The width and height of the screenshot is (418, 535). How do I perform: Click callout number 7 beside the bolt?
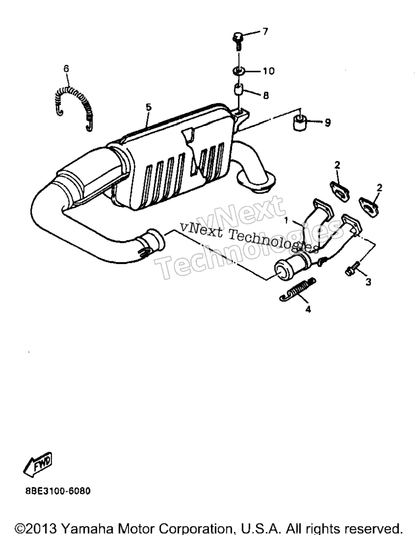(265, 32)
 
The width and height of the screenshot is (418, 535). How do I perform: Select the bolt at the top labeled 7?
(238, 40)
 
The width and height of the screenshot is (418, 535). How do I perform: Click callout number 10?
(268, 71)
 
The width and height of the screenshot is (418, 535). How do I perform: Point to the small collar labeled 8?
(238, 90)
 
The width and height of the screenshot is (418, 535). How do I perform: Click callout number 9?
(327, 123)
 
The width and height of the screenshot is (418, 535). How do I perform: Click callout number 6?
(66, 69)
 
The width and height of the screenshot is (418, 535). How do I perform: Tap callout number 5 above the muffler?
(148, 107)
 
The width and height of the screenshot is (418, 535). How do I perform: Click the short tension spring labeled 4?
(298, 290)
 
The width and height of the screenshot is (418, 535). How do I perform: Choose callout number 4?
(308, 309)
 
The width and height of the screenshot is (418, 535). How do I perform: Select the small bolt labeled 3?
(353, 268)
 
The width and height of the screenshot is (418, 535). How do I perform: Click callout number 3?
(368, 282)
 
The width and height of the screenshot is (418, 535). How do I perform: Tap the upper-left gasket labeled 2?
(340, 192)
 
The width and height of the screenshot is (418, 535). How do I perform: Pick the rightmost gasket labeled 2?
(369, 206)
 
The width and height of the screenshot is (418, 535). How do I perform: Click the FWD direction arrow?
(38, 464)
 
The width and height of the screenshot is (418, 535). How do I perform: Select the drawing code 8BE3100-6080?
(58, 491)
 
